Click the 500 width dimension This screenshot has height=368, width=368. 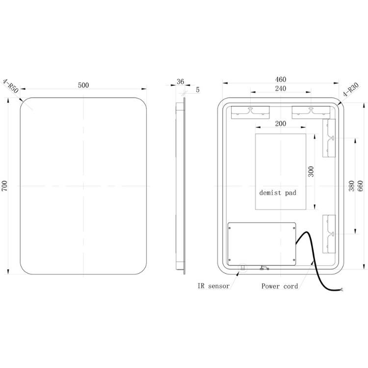[83, 85]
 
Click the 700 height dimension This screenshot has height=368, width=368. [5, 185]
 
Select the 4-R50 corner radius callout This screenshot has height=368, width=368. [10, 86]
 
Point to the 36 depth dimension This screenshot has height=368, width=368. [180, 81]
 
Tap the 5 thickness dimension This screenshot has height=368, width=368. [198, 89]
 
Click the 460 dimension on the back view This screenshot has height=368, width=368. [281, 79]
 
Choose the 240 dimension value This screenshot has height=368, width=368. [281, 88]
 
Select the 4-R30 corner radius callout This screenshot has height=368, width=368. [351, 90]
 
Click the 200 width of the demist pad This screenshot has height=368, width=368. [281, 124]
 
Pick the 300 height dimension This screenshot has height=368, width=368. [311, 172]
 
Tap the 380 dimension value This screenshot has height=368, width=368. [351, 186]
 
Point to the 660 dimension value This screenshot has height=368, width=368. [360, 186]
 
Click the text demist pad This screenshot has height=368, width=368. [278, 193]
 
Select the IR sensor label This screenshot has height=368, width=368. [213, 286]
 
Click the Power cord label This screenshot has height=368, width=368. [280, 286]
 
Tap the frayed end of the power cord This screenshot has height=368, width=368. [341, 289]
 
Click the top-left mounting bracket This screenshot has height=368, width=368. [250, 113]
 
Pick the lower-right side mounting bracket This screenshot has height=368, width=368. [329, 234]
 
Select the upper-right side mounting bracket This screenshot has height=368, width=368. [329, 138]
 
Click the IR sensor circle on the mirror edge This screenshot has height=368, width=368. [243, 267]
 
